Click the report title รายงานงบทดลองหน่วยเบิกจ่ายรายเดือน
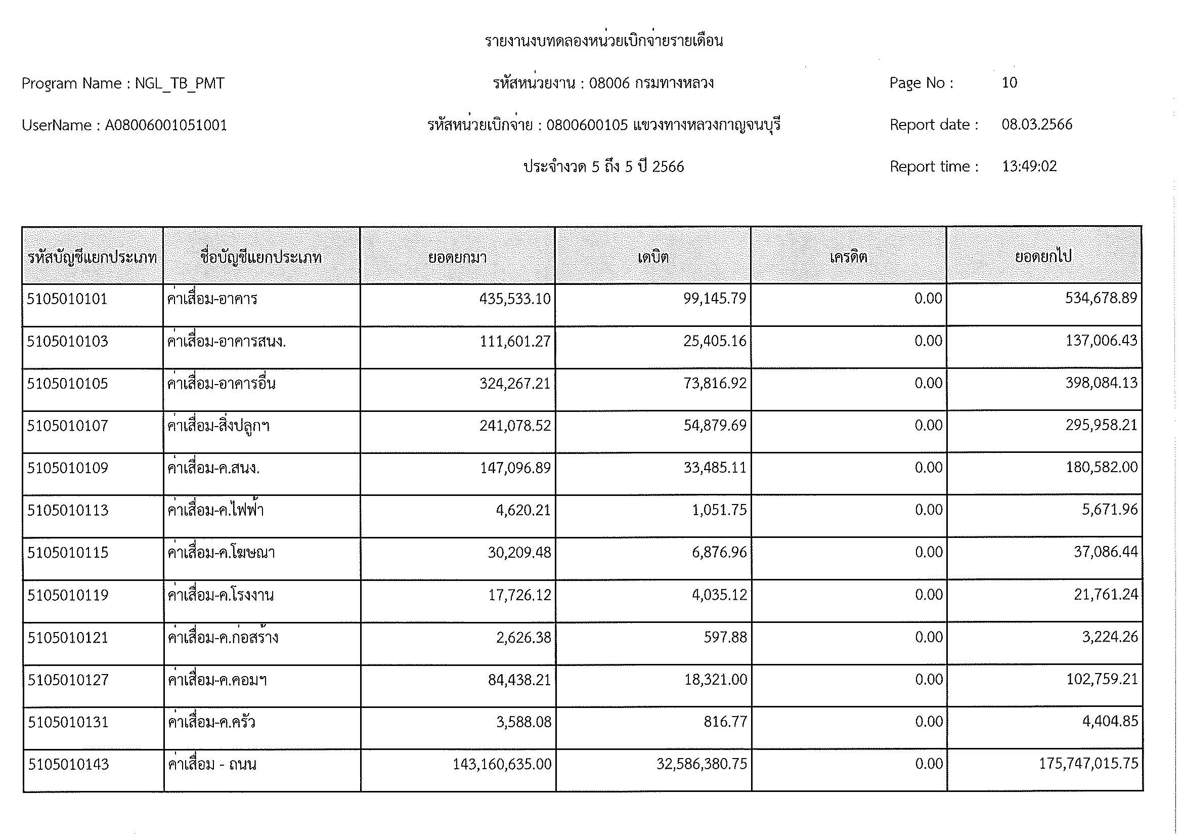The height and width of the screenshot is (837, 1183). tap(603, 40)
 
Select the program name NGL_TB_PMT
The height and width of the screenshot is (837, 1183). tap(180, 83)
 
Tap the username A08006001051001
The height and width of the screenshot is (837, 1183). tap(166, 125)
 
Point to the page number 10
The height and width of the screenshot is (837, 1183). tap(1010, 82)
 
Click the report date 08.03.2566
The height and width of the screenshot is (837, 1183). tap(1037, 124)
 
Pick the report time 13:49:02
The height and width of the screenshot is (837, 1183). tap(1029, 166)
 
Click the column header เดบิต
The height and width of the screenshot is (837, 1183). tap(653, 257)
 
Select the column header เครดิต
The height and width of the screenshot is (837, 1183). tap(848, 257)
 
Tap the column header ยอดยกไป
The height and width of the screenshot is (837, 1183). tap(1043, 257)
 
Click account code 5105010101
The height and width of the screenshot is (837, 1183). tap(67, 299)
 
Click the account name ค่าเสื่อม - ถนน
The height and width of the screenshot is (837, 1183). tap(212, 764)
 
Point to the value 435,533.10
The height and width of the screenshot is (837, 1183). tap(515, 299)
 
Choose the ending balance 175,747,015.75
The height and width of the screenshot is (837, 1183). tap(1088, 763)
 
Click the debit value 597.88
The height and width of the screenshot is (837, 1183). tap(725, 637)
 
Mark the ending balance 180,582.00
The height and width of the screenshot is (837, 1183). tap(1102, 468)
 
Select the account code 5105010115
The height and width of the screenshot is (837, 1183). tap(68, 553)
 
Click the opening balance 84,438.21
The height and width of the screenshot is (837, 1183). tap(519, 679)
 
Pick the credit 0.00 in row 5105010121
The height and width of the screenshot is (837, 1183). tap(929, 637)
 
